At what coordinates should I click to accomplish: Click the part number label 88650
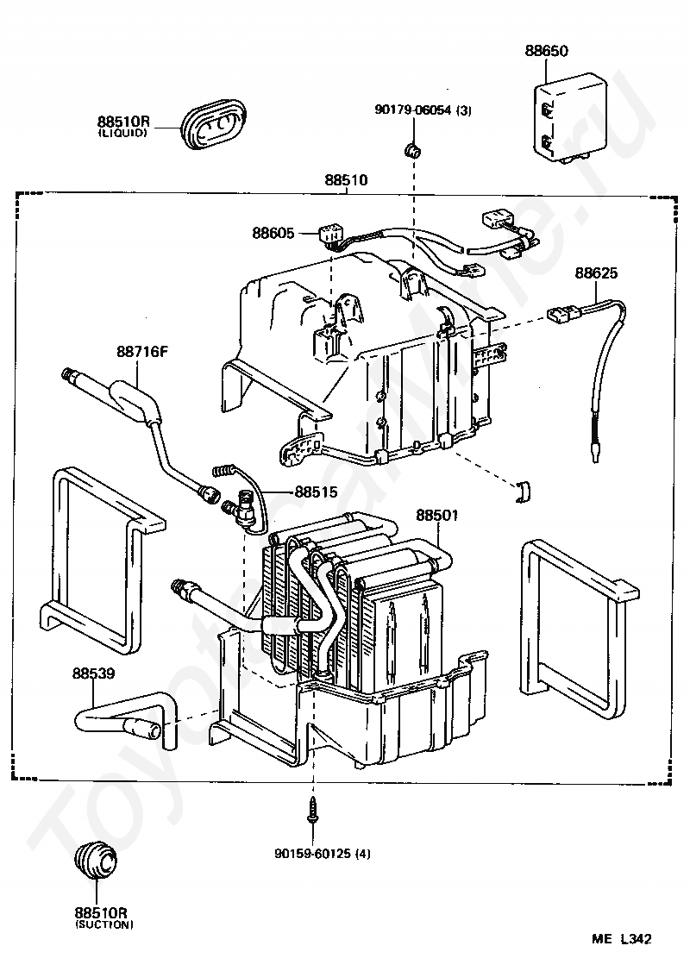tap(546, 50)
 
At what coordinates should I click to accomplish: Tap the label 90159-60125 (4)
tap(323, 854)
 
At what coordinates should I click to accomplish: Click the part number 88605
tap(273, 233)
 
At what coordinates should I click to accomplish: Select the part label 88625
tap(596, 273)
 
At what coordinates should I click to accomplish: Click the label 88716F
tap(142, 352)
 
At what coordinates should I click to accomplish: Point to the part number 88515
tap(316, 492)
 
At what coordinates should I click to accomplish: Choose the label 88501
tap(436, 515)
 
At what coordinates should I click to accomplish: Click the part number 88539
tap(93, 673)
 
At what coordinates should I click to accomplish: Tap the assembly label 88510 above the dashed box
tap(346, 180)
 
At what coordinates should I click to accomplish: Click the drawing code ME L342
tap(621, 939)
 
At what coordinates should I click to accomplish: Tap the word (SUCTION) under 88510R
tap(104, 925)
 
